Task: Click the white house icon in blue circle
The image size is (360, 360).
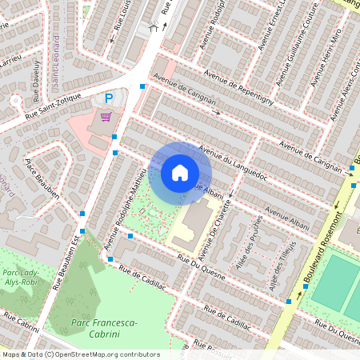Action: point(179,172)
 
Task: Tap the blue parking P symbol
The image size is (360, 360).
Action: point(109,98)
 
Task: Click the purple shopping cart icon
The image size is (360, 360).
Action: point(106,117)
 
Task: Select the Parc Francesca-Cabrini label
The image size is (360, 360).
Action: point(104,327)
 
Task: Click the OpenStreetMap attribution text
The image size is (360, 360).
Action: point(80,354)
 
